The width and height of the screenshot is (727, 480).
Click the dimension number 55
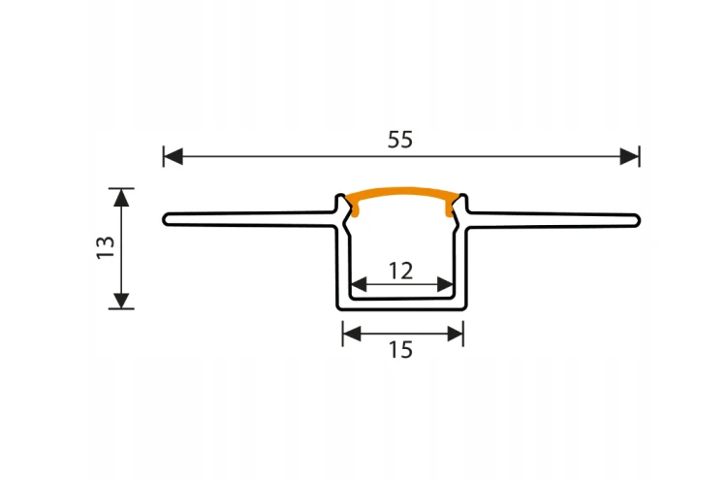point(400,140)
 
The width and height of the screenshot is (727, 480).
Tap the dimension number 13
point(106,247)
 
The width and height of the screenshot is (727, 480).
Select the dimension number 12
point(400,271)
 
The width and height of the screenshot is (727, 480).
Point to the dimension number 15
point(400,350)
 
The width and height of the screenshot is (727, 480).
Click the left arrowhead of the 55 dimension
point(173,156)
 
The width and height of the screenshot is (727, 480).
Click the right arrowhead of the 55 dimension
point(630,156)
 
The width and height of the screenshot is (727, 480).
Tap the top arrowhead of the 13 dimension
point(121,197)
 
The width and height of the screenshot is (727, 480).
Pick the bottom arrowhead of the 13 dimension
point(121,301)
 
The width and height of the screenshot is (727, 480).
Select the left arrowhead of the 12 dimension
point(360,284)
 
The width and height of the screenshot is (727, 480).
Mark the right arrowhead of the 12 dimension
point(445,284)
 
